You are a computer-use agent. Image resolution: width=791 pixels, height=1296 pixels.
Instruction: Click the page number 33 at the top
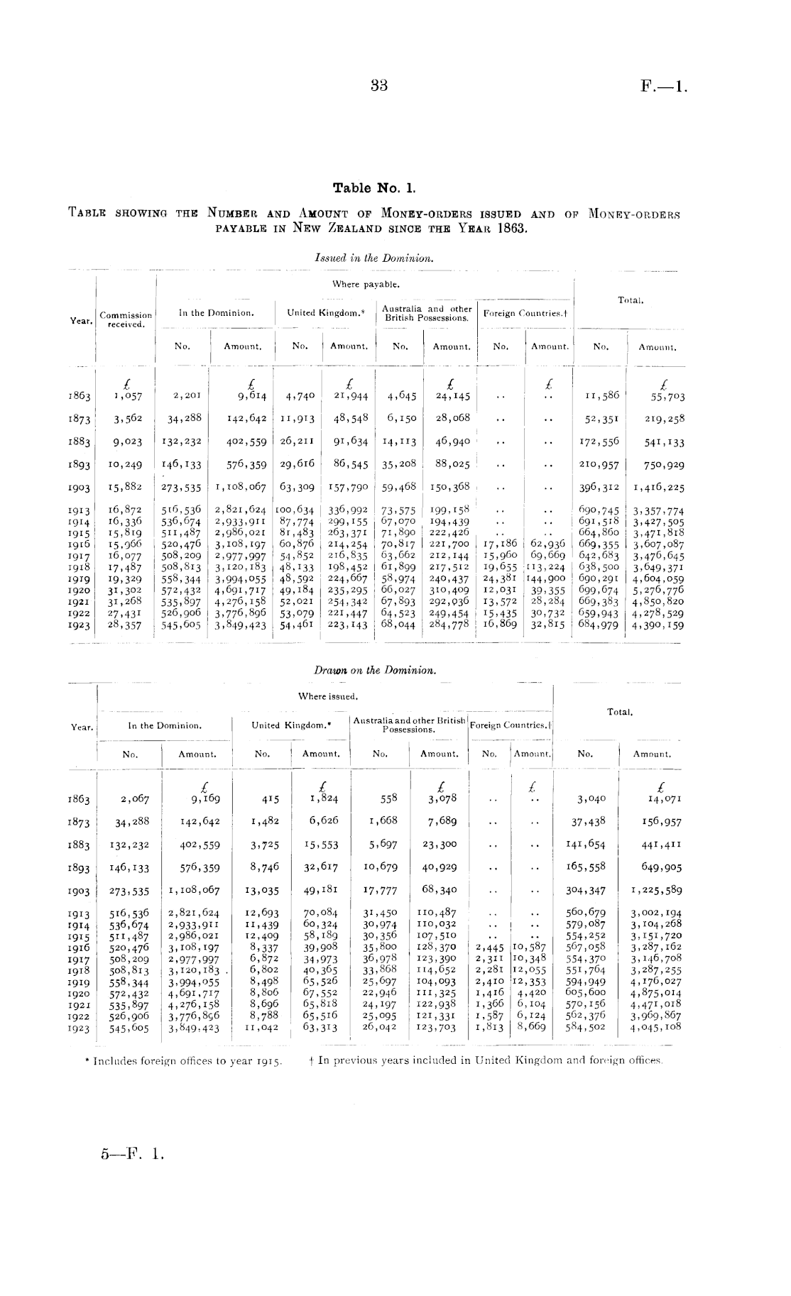(378, 86)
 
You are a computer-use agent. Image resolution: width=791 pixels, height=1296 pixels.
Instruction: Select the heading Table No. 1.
(373, 188)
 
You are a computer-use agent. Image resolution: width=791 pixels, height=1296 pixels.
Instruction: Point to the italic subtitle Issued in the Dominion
(373, 259)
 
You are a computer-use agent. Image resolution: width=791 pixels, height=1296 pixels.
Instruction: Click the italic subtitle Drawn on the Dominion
(374, 670)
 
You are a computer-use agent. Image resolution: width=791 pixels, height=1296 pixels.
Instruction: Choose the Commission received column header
(126, 319)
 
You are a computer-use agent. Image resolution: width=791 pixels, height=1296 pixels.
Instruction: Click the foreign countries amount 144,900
(545, 578)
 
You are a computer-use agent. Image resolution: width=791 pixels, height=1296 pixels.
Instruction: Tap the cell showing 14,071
(663, 798)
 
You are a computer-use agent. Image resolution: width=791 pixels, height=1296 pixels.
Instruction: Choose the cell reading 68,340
(439, 889)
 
